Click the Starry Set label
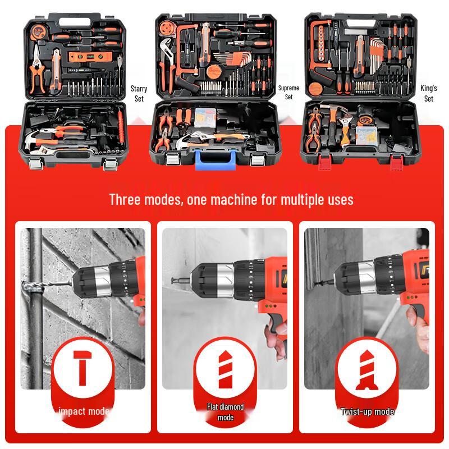click(139, 93)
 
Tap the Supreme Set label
click(288, 92)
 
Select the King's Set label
click(429, 93)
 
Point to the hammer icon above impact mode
click(83, 369)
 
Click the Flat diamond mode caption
click(225, 412)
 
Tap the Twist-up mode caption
click(367, 412)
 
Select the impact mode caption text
click(83, 411)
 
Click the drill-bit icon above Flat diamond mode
click(225, 369)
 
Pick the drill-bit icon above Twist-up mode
click(367, 369)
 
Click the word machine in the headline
click(242, 199)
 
